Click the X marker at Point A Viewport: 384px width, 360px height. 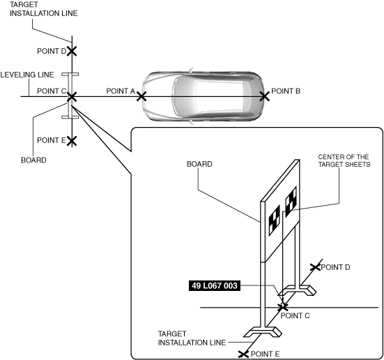(x=141, y=96)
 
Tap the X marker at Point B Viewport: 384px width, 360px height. (x=265, y=96)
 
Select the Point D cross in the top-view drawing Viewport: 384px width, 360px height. (x=72, y=51)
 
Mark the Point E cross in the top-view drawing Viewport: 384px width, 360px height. (x=72, y=141)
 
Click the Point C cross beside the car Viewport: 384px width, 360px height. (x=72, y=97)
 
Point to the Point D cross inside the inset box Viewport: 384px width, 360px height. (x=315, y=267)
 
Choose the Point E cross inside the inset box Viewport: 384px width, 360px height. (x=243, y=354)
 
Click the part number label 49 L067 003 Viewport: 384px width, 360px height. (x=215, y=285)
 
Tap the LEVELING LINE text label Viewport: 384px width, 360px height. (x=27, y=75)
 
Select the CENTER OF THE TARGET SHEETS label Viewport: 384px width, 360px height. (x=344, y=160)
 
